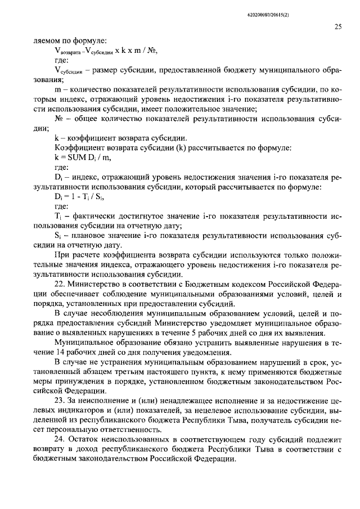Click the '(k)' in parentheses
tap(177, 147)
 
